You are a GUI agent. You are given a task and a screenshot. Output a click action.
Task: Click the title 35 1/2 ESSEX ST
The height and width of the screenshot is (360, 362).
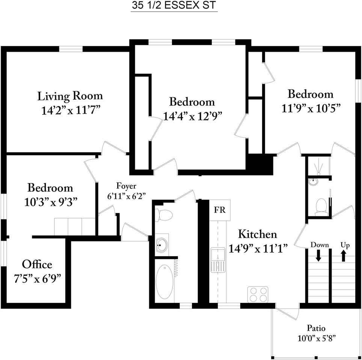(x=174, y=6)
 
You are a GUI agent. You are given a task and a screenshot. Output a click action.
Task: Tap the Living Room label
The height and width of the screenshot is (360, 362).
(x=70, y=96)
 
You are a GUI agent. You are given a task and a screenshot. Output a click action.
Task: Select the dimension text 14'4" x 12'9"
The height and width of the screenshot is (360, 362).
(x=192, y=116)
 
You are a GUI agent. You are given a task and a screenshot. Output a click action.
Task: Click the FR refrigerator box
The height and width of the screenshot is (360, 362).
(x=220, y=210)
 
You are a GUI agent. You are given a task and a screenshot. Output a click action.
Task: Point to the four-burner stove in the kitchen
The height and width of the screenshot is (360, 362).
(x=258, y=294)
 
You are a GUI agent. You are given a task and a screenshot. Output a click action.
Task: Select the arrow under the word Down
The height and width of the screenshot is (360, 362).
(x=318, y=256)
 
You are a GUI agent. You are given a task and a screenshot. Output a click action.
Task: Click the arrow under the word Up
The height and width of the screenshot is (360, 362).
(x=344, y=256)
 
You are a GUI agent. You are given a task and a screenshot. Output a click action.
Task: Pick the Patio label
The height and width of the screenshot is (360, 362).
(x=316, y=328)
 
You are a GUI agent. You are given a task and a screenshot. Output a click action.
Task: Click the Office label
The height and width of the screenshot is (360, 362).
(x=37, y=264)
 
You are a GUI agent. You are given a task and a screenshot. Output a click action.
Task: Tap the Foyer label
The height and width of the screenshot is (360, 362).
(x=126, y=186)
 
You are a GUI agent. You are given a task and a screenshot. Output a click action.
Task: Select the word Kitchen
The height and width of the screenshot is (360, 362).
(x=258, y=234)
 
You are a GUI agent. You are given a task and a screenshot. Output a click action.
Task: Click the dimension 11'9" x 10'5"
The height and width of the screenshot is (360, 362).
(x=311, y=108)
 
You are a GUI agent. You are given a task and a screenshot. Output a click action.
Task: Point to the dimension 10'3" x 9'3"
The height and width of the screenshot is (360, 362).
(x=51, y=202)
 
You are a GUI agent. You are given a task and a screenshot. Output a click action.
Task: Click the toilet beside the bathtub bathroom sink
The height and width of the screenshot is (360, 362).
(x=164, y=215)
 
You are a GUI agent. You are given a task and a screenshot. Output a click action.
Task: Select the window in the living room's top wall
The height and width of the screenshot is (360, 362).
(x=71, y=49)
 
